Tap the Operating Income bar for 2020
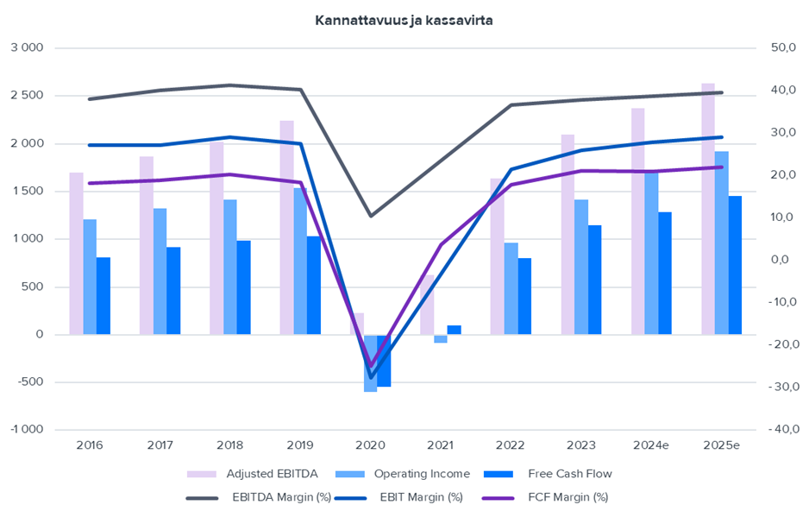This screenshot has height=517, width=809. (370, 363)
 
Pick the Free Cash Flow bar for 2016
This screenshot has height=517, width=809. (103, 295)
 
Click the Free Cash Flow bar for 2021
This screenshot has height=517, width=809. (454, 330)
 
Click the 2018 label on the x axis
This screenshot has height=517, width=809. (229, 445)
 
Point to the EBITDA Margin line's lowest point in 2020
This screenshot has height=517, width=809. (371, 215)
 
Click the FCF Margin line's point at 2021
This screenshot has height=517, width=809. (441, 245)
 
